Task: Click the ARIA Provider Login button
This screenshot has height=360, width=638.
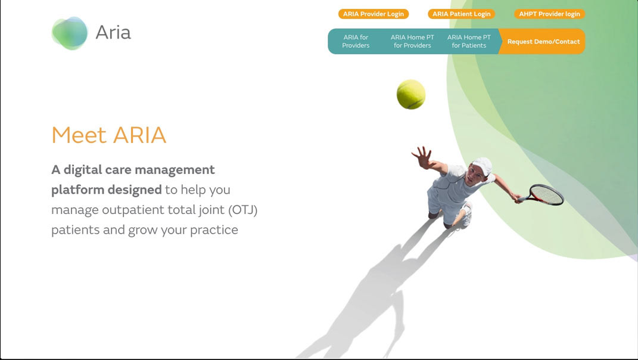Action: click(x=374, y=14)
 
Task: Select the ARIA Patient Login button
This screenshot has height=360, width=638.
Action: click(x=462, y=14)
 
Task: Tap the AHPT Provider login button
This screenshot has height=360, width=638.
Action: click(x=549, y=14)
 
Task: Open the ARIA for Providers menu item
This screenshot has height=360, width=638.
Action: click(x=356, y=41)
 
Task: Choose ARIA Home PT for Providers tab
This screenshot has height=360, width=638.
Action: click(x=412, y=41)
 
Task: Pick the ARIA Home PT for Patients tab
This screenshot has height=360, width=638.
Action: click(x=469, y=41)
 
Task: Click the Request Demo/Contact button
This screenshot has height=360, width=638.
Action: click(x=543, y=41)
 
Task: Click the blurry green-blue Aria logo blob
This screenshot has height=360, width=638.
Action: click(x=70, y=33)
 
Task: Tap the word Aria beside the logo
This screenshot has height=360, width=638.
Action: click(x=113, y=32)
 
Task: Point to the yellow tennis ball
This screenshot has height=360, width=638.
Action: click(x=411, y=95)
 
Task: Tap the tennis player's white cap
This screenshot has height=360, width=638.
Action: click(x=483, y=165)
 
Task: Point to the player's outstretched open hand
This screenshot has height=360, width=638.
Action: click(x=422, y=157)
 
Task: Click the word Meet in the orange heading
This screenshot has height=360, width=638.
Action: click(x=79, y=135)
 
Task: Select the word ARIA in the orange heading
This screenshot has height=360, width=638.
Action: click(x=139, y=135)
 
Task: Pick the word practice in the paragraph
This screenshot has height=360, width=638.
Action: click(x=214, y=230)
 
